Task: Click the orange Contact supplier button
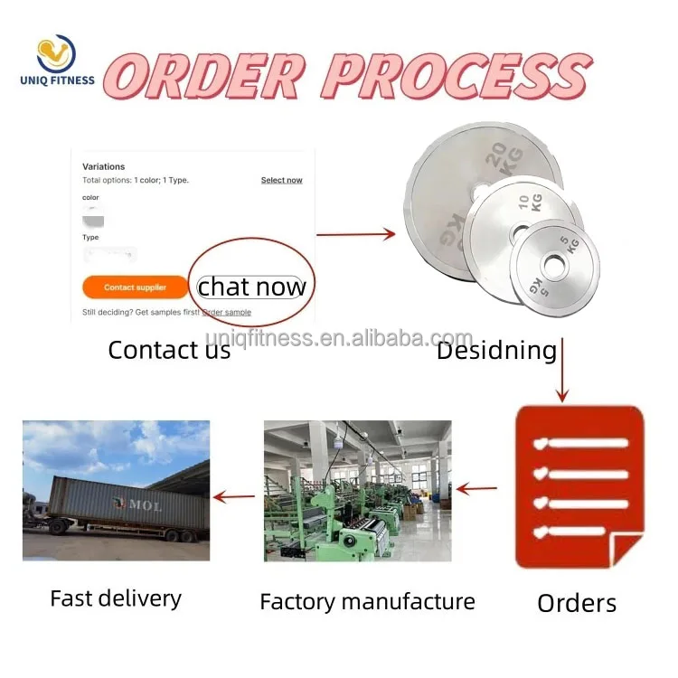pyautogui.click(x=135, y=287)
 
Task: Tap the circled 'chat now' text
pyautogui.click(x=251, y=287)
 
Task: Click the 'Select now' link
pyautogui.click(x=281, y=180)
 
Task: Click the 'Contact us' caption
pyautogui.click(x=169, y=350)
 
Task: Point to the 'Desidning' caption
pyautogui.click(x=496, y=351)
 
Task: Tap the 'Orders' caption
pyautogui.click(x=577, y=603)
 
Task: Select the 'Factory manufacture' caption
pyautogui.click(x=367, y=601)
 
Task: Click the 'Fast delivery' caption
pyautogui.click(x=116, y=598)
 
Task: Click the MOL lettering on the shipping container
pyautogui.click(x=144, y=504)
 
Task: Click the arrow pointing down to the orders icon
pyautogui.click(x=562, y=370)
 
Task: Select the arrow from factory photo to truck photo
pyautogui.click(x=233, y=495)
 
